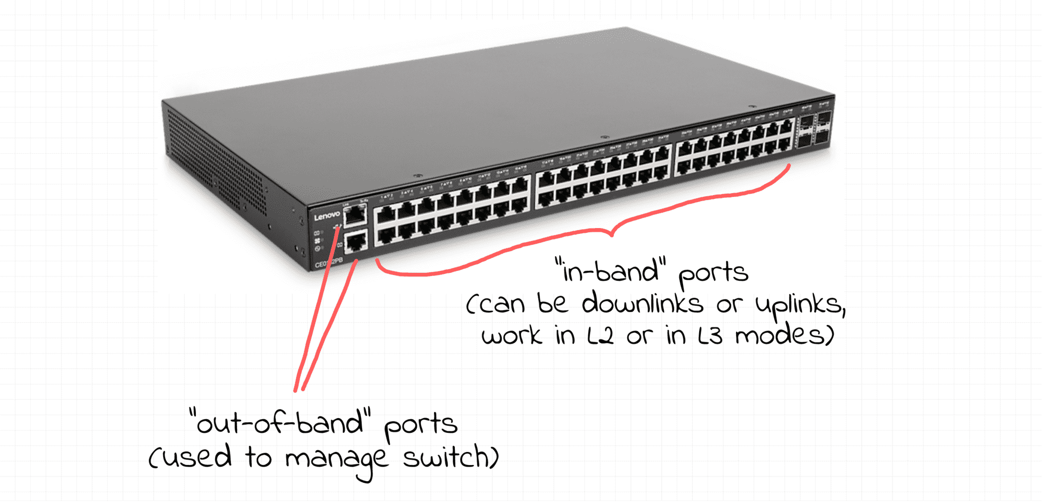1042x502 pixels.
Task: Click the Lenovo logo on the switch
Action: point(327,216)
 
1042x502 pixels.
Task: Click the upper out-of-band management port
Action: point(355,214)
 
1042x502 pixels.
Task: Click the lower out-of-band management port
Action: point(356,242)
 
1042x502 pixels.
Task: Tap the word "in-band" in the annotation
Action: point(611,271)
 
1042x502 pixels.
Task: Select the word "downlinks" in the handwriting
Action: point(642,304)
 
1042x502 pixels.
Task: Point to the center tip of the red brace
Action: point(612,234)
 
